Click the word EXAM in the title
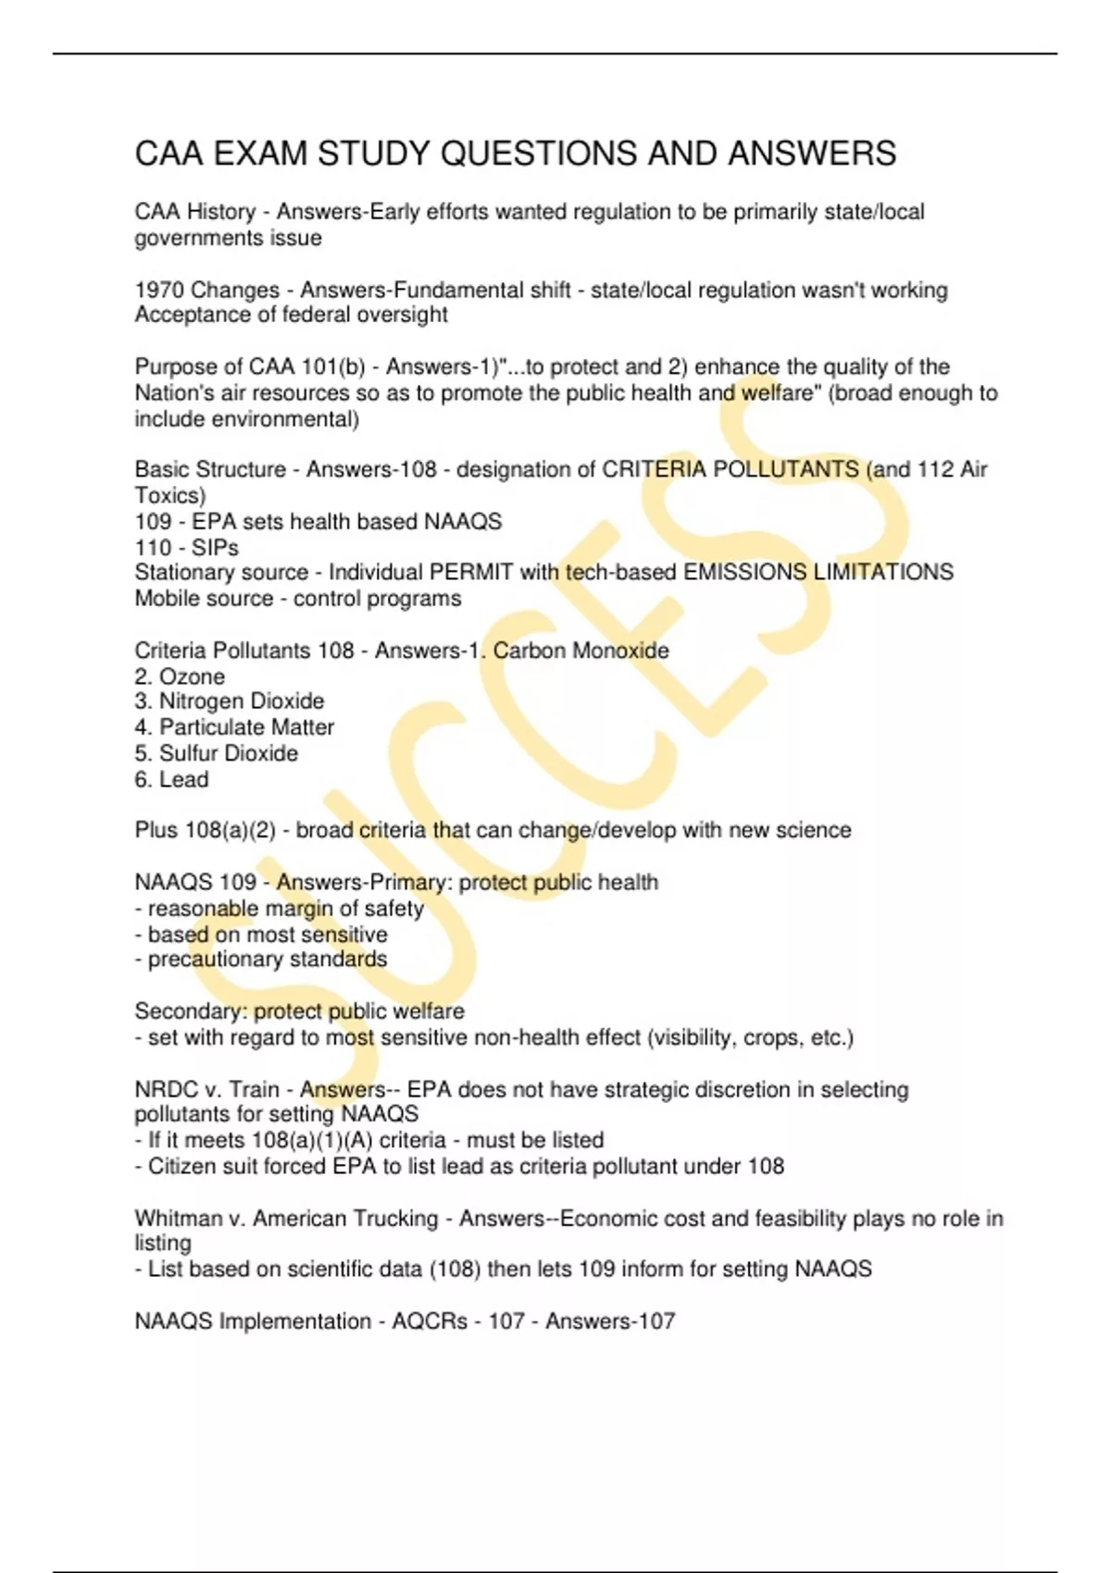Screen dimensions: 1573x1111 [x=260, y=154]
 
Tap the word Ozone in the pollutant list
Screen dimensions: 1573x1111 [x=192, y=676]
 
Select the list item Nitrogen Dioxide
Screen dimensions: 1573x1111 [x=241, y=701]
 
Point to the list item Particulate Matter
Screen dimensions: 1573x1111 [x=246, y=727]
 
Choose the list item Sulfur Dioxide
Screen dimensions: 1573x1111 [x=228, y=753]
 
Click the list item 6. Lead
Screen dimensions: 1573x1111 [x=171, y=779]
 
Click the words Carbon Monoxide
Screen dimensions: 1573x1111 [x=580, y=650]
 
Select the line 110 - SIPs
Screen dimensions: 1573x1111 [x=186, y=547]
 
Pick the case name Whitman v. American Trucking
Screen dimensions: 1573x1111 [x=286, y=1218]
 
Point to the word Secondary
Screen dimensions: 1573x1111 [x=191, y=1010]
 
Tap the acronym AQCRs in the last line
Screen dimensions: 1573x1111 [x=430, y=1320]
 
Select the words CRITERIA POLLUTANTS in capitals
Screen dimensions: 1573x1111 [x=730, y=469]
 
